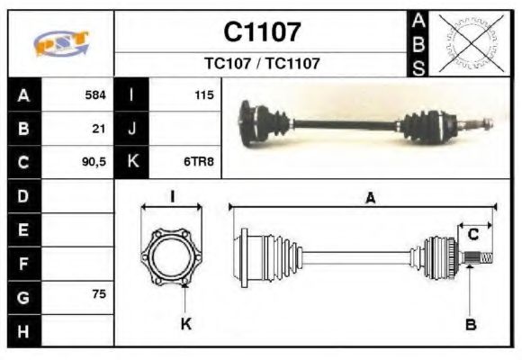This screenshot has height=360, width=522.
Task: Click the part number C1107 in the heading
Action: (262, 32)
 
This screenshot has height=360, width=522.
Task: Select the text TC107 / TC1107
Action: (262, 64)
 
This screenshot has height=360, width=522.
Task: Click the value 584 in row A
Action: (94, 94)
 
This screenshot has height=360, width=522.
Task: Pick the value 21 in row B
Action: (99, 128)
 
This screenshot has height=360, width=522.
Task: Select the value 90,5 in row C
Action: (94, 162)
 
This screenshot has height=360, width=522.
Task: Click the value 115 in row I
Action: (203, 94)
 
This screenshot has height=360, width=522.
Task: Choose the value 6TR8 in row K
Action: (199, 162)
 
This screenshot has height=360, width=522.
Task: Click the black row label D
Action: (23, 195)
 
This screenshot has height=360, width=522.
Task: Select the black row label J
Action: (132, 128)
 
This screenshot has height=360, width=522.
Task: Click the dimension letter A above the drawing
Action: (369, 199)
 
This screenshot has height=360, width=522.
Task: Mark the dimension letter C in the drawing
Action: (472, 236)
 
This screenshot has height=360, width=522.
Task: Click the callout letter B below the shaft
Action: (470, 325)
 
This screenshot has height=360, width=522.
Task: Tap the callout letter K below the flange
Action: (186, 324)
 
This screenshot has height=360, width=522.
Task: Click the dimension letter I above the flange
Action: (172, 197)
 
